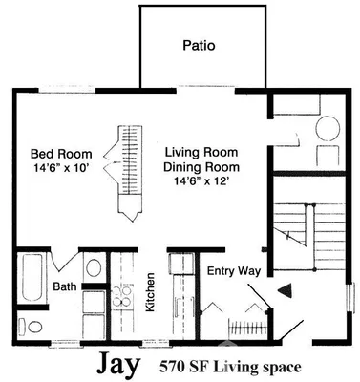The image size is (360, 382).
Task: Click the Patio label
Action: pyautogui.click(x=199, y=45)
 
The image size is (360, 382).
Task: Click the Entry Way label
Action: pyautogui.click(x=235, y=271)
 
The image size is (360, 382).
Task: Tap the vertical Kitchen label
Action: pyautogui.click(x=151, y=293)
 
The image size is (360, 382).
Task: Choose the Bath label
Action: pyautogui.click(x=65, y=286)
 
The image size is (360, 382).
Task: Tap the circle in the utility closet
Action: pyautogui.click(x=325, y=127)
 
